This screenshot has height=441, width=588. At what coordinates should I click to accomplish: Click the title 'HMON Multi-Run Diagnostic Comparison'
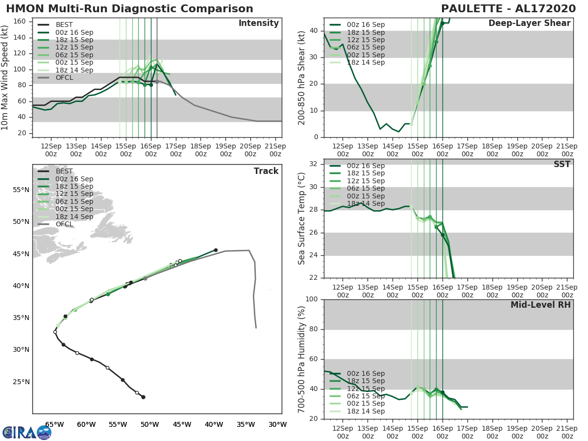(x=129, y=9)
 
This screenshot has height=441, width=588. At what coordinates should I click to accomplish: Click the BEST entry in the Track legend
(x=64, y=171)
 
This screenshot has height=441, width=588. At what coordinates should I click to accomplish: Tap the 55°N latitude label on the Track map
(x=21, y=190)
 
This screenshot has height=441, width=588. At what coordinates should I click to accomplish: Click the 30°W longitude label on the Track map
(x=277, y=424)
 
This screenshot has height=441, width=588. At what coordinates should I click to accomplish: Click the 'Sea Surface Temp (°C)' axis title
(x=302, y=219)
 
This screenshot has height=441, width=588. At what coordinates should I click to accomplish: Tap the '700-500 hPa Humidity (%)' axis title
(x=302, y=359)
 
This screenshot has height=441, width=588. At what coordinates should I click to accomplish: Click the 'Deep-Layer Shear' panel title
(x=529, y=24)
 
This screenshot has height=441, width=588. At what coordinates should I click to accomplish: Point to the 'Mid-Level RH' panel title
(x=540, y=305)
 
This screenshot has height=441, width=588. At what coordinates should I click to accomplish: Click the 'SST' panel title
(x=562, y=164)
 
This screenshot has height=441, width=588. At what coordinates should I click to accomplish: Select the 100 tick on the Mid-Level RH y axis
(x=312, y=299)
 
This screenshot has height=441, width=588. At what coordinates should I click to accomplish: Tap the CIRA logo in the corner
(x=26, y=432)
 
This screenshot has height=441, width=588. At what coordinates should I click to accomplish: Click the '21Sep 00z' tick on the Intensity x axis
(x=275, y=149)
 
